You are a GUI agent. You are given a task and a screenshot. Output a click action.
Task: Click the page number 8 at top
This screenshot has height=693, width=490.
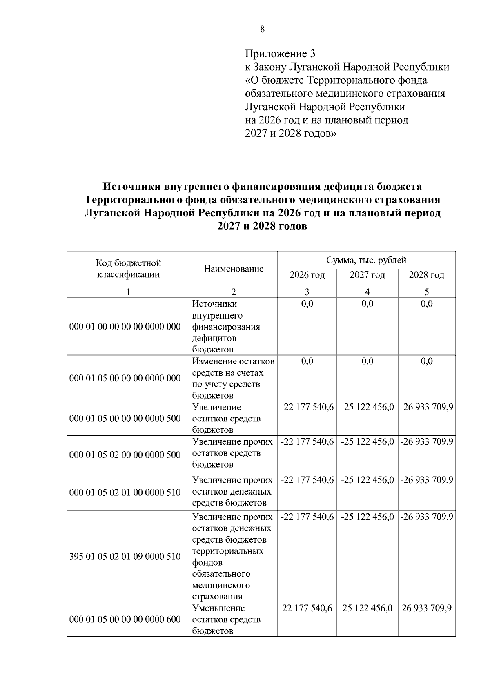tap(262, 29)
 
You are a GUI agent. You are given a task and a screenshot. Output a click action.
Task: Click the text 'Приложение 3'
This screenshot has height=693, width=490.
tap(280, 54)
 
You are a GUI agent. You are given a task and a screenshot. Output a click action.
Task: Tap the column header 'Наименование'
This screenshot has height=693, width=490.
tap(234, 269)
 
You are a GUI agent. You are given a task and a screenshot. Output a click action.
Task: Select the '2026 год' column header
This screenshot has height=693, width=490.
tap(307, 275)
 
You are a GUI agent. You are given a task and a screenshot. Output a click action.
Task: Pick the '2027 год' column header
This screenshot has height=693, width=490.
tap(367, 275)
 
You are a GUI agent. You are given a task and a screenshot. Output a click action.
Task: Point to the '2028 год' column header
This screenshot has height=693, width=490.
tap(426, 275)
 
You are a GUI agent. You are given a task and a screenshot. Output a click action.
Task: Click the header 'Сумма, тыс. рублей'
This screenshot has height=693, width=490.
tap(366, 260)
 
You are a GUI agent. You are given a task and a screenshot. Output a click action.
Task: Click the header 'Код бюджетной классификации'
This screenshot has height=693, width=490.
tap(128, 269)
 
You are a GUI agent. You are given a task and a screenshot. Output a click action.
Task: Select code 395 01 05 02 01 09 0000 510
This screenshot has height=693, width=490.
tap(125, 556)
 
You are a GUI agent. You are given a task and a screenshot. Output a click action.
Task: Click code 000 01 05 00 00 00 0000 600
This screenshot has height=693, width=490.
tap(125, 619)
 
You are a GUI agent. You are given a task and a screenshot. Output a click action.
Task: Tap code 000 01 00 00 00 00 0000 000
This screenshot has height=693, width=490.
tap(125, 327)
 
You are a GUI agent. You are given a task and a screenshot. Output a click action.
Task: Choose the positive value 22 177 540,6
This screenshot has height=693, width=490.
tap(307, 608)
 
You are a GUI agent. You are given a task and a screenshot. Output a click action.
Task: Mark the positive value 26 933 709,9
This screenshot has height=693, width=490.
tap(426, 608)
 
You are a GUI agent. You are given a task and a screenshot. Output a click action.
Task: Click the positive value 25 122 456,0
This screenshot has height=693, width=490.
tap(367, 608)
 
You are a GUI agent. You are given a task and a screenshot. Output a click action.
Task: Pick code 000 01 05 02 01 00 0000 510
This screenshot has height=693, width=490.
tap(125, 492)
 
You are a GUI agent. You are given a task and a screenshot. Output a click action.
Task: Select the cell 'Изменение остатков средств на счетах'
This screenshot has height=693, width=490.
tap(233, 378)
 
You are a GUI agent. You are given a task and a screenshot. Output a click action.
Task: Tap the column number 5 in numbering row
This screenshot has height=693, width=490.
tap(426, 292)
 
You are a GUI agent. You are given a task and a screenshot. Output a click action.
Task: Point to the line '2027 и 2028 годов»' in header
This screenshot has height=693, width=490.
tap(290, 134)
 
